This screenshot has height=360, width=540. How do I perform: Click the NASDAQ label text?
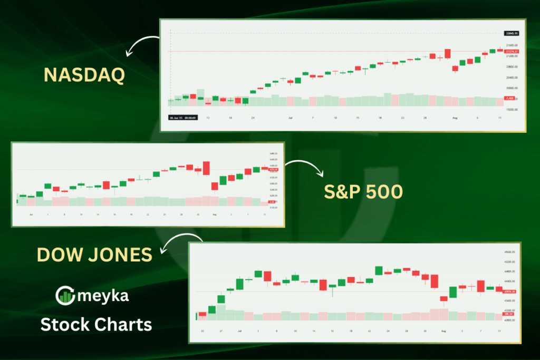[84, 75]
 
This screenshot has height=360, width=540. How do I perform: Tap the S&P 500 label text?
[363, 192]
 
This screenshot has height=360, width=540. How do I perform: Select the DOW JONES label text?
[94, 255]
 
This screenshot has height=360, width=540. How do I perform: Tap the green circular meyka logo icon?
[65, 296]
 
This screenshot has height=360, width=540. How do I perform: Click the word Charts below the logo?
[124, 324]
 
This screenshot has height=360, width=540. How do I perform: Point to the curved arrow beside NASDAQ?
[142, 45]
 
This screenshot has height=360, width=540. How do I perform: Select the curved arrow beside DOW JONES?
[174, 243]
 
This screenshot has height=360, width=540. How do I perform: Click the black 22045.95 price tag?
[512, 33]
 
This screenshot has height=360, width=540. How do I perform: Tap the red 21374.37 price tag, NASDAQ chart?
[511, 51]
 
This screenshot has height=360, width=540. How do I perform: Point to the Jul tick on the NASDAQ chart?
[291, 118]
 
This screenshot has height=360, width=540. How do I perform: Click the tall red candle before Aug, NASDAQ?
[447, 53]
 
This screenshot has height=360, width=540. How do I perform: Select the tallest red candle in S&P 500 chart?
[206, 168]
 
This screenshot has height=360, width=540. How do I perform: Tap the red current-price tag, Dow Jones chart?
[509, 291]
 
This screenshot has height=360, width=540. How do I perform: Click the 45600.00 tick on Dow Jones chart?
[509, 252]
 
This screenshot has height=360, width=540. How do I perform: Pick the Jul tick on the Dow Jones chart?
[239, 330]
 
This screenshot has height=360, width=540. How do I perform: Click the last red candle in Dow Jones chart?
[499, 289]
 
